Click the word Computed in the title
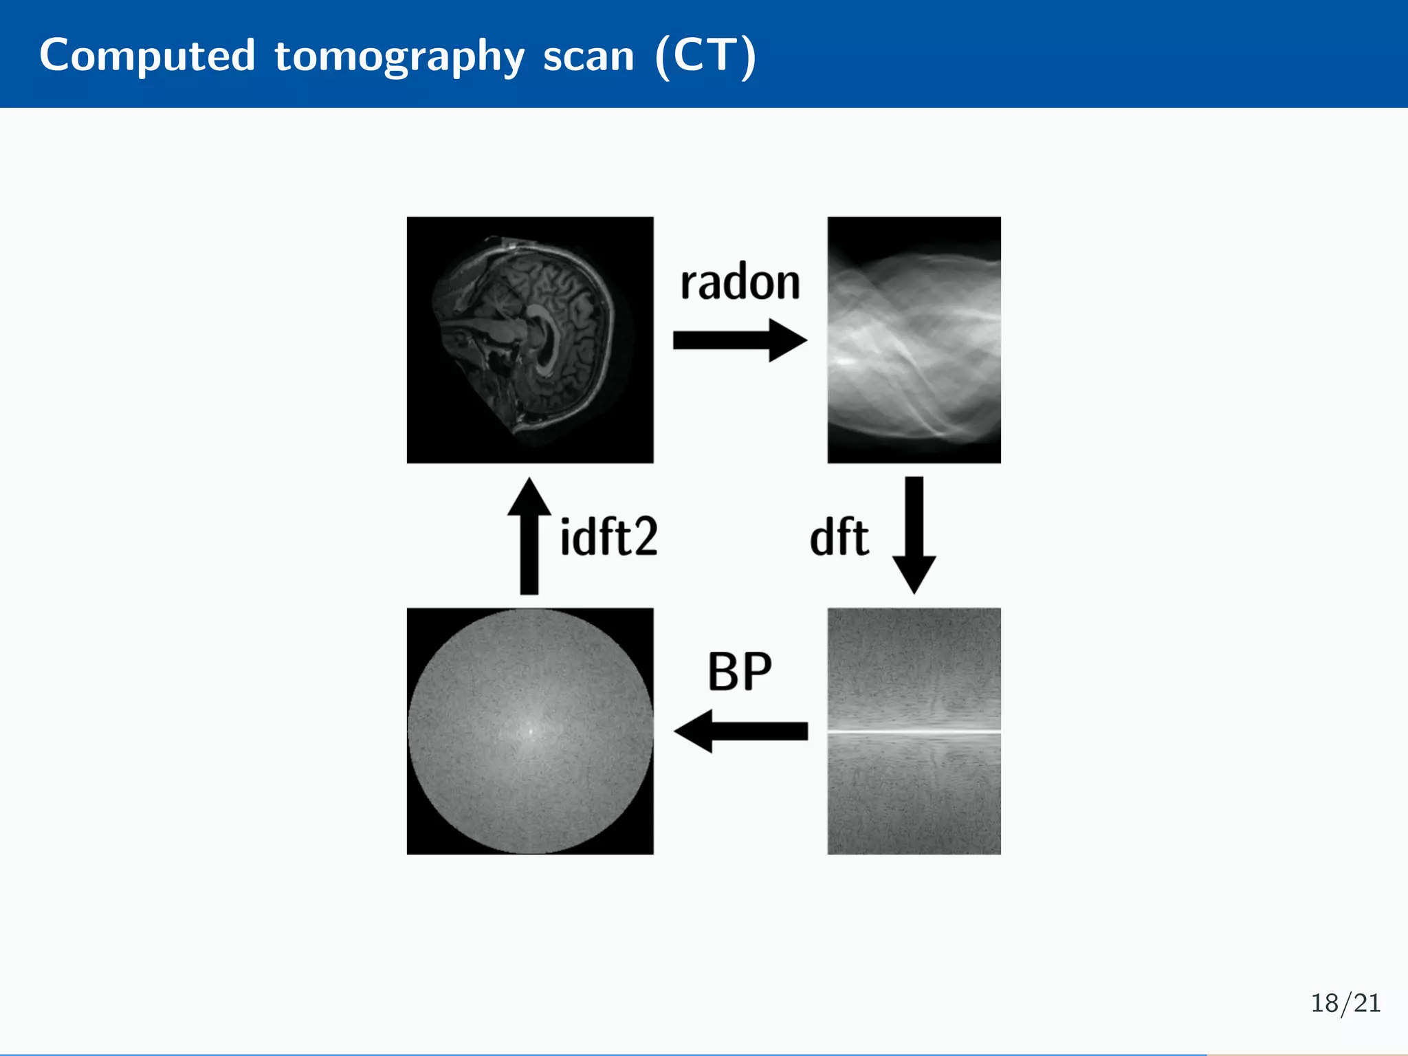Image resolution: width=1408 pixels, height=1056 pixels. coord(147,55)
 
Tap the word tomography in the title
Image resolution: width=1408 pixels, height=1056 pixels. coord(399,56)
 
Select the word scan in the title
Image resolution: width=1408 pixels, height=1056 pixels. coord(588,56)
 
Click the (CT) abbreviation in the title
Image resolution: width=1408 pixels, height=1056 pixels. coord(705,56)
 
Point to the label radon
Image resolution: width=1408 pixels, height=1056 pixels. coord(740,283)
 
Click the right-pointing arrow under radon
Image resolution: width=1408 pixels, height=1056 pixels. coord(740,340)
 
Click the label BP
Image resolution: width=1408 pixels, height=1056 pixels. coord(740,672)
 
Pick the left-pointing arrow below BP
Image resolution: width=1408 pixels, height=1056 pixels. coord(740,731)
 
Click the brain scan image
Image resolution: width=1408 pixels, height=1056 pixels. coord(530,340)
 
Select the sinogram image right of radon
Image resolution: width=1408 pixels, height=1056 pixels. coord(914,340)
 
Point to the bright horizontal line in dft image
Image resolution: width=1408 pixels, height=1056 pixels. coord(914,731)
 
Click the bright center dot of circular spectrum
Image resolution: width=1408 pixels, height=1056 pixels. coord(530,731)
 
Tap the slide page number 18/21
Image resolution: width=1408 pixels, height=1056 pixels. coord(1345,1003)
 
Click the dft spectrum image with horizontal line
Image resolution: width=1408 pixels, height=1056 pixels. coord(914,791)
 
